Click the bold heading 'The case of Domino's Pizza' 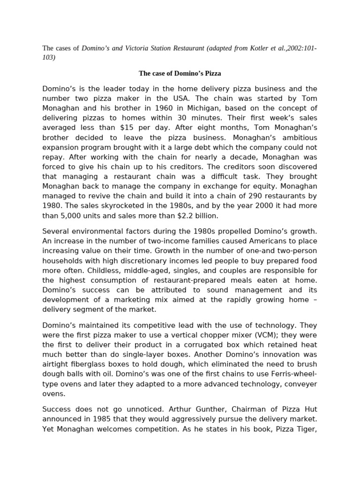[x=180, y=73]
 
